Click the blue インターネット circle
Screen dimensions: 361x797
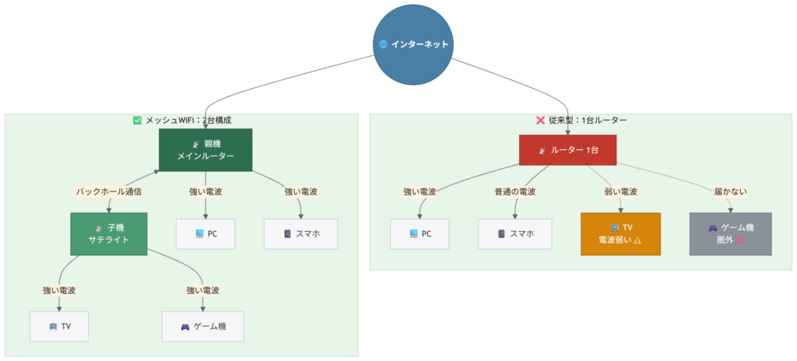[413, 44]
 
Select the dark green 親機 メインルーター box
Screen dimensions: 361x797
[205, 149]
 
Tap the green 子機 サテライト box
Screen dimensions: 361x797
[108, 234]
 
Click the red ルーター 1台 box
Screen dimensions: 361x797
[567, 149]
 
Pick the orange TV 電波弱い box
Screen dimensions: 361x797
[620, 234]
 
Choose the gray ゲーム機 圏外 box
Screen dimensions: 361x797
[730, 234]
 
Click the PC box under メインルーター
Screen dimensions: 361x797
[205, 233]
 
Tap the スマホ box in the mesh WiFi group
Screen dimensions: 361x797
[300, 233]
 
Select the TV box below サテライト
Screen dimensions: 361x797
[59, 326]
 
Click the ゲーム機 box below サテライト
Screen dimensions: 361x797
[202, 326]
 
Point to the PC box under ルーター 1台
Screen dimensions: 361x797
[420, 233]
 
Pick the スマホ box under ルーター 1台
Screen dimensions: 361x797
[514, 233]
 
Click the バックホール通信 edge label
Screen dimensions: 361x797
[108, 191]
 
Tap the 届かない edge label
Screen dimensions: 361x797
[730, 191]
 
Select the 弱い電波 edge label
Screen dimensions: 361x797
[620, 191]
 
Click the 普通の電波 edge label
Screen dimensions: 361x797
[514, 191]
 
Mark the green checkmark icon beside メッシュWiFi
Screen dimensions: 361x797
[138, 121]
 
